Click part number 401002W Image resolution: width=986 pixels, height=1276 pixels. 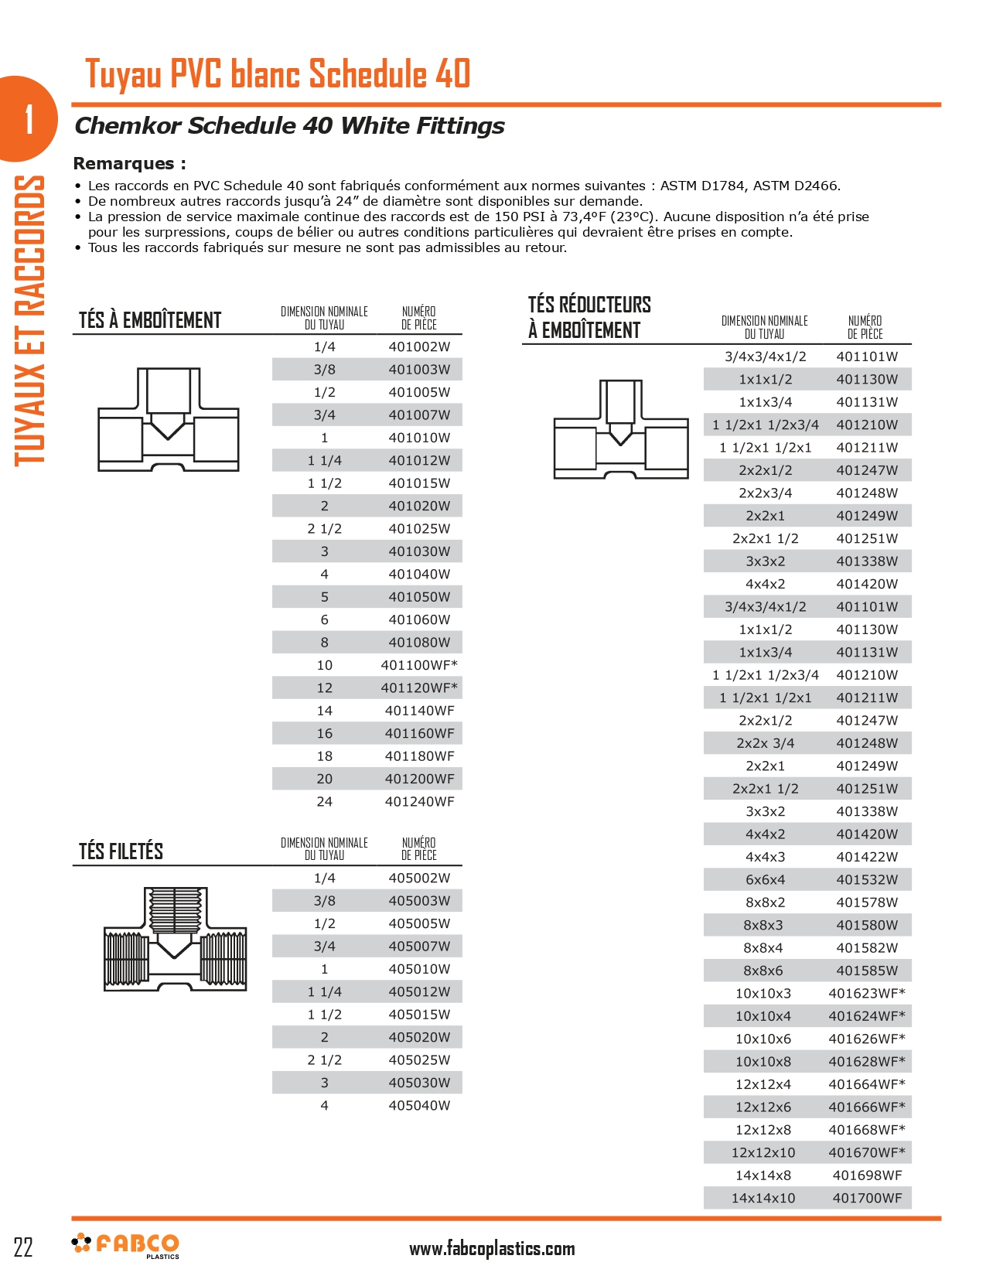[419, 347]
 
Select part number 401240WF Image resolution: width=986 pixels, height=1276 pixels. [419, 802]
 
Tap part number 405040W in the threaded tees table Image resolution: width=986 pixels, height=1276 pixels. [419, 1106]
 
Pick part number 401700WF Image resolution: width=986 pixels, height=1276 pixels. [867, 1198]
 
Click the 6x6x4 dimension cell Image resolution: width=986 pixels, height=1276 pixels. [765, 879]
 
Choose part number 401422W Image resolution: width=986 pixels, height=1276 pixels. [867, 857]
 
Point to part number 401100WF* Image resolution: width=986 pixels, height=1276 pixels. [419, 665]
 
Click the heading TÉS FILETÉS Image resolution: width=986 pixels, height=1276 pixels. [121, 851]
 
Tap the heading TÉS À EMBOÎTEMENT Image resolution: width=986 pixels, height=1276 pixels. [150, 320]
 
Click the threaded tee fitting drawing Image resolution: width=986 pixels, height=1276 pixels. [176, 939]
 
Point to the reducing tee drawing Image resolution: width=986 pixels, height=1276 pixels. [620, 430]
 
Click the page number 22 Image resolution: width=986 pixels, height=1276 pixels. [23, 1247]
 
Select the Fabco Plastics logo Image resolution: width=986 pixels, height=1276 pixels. [125, 1245]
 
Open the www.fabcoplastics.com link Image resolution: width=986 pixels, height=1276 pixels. [492, 1248]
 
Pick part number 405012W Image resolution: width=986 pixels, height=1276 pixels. [419, 992]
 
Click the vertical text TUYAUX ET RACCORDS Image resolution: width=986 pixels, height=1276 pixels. [29, 320]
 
